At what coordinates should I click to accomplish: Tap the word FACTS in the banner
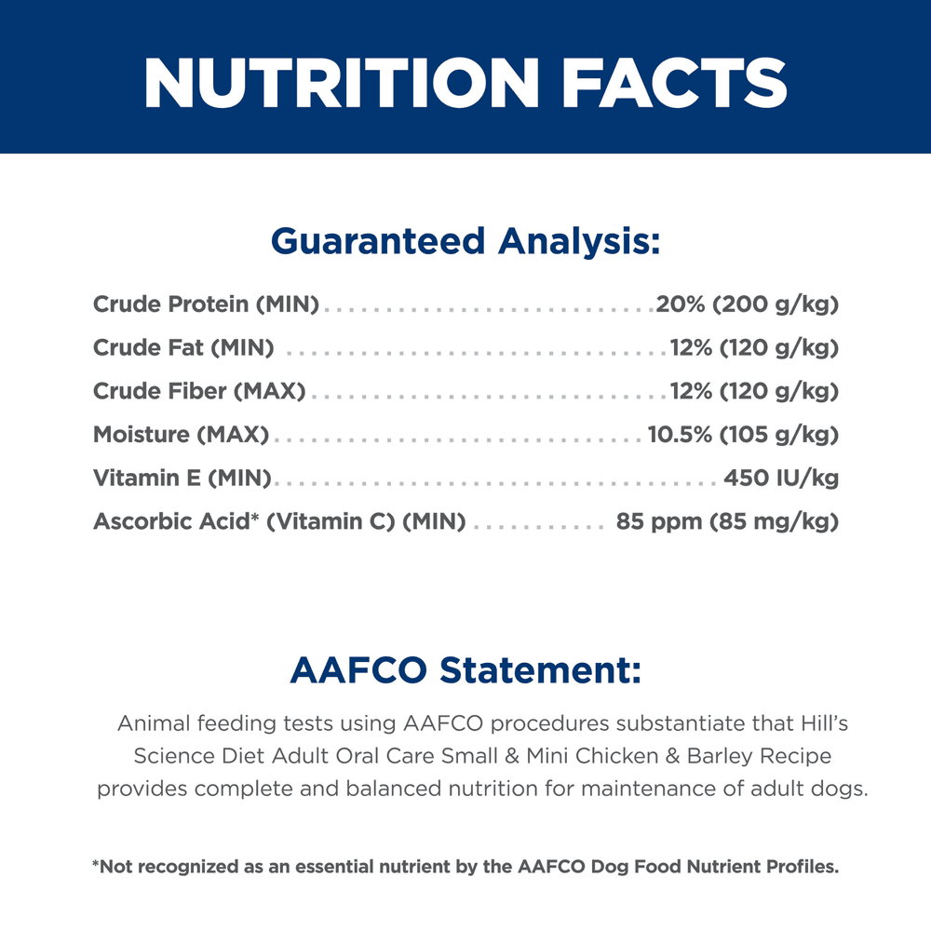pyautogui.click(x=674, y=83)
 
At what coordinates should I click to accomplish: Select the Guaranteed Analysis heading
pyautogui.click(x=465, y=241)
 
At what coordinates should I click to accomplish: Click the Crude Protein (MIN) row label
pyautogui.click(x=206, y=304)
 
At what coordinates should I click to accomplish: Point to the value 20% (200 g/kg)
pyautogui.click(x=747, y=304)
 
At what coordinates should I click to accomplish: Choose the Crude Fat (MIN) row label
pyautogui.click(x=183, y=347)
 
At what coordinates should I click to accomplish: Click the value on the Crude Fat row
pyautogui.click(x=754, y=347)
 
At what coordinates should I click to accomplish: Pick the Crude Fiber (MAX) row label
pyautogui.click(x=199, y=391)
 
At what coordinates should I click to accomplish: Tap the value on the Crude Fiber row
pyautogui.click(x=754, y=391)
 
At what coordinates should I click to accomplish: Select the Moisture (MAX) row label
pyautogui.click(x=182, y=434)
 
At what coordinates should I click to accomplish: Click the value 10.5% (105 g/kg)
pyautogui.click(x=743, y=434)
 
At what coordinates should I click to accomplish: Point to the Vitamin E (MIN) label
pyautogui.click(x=182, y=478)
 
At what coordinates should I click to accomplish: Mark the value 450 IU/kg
pyautogui.click(x=781, y=478)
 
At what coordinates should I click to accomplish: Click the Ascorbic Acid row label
pyautogui.click(x=279, y=521)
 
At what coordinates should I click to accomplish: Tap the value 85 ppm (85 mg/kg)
pyautogui.click(x=727, y=521)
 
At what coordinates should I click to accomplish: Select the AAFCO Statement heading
pyautogui.click(x=465, y=669)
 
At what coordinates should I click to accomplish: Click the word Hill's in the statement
pyautogui.click(x=824, y=723)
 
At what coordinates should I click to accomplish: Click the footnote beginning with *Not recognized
pyautogui.click(x=465, y=867)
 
